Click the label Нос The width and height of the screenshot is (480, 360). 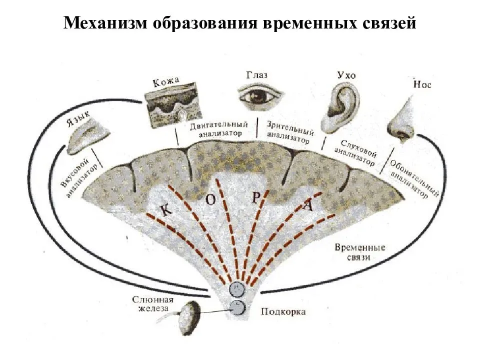pos(422,84)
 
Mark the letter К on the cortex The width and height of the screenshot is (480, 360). pos(167,210)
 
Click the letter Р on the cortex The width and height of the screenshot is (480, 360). pos(255,197)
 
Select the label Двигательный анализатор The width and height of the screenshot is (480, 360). pos(219,128)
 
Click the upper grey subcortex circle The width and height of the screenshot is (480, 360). pos(236,289)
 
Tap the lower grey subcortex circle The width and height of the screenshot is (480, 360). pos(237,308)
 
